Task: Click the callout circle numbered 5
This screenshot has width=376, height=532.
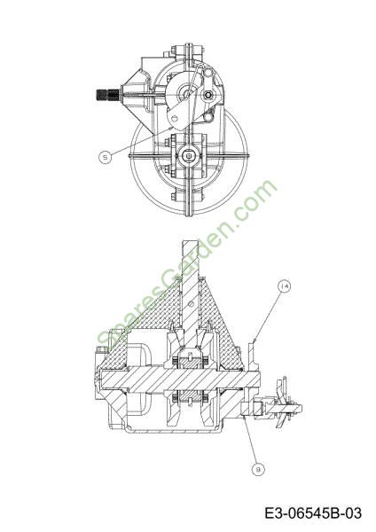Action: pyautogui.click(x=106, y=157)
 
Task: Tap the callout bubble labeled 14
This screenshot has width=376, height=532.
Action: pyautogui.click(x=284, y=286)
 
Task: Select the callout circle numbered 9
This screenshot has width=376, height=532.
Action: pyautogui.click(x=258, y=469)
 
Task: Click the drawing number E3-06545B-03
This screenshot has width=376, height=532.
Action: pyautogui.click(x=313, y=513)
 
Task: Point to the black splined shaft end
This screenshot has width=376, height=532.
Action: pyautogui.click(x=107, y=95)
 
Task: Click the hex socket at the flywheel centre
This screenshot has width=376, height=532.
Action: pyautogui.click(x=188, y=156)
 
